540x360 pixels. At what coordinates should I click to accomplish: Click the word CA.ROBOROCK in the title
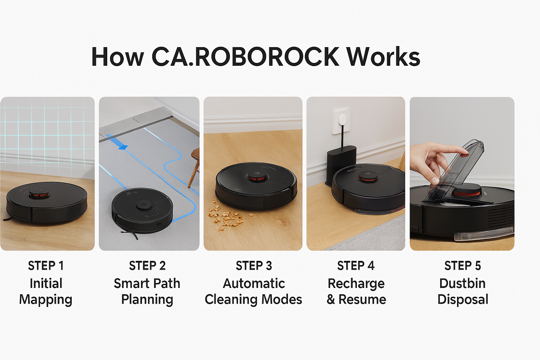click(245, 57)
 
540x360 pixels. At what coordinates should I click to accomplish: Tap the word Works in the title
click(384, 57)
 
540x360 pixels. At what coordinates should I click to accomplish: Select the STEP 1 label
click(46, 266)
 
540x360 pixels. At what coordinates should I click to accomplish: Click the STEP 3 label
click(254, 266)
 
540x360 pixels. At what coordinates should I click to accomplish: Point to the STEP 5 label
click(462, 266)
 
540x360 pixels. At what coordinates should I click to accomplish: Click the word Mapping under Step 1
click(46, 300)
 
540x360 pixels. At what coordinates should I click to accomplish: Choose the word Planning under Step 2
click(147, 300)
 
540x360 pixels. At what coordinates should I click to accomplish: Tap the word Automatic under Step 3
click(254, 283)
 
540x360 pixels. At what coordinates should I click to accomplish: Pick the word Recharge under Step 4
click(356, 283)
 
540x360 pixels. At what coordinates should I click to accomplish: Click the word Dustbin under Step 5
click(462, 283)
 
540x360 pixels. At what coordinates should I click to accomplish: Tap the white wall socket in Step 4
click(341, 120)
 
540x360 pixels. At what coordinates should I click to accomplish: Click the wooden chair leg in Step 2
click(193, 169)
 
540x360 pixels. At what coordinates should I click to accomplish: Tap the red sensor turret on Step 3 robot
click(256, 176)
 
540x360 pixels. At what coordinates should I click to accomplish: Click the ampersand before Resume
click(330, 300)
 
